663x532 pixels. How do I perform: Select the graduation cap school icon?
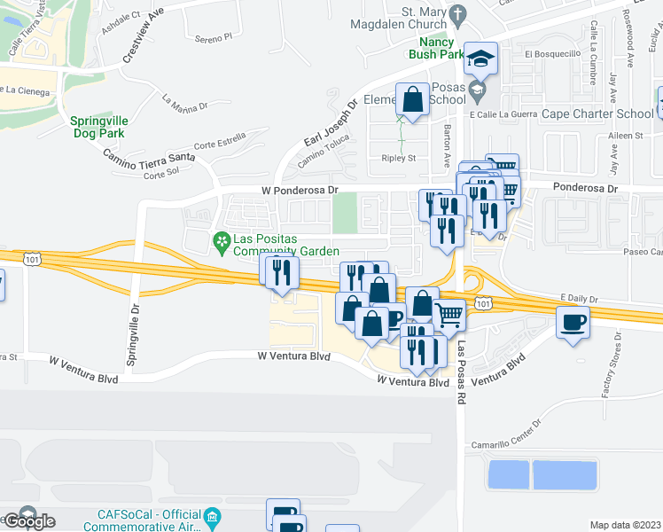pos(481,59)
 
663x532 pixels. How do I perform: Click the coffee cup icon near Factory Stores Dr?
pos(573,321)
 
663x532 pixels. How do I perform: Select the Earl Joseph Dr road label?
pos(330,123)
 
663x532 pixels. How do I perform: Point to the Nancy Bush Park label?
pos(436,48)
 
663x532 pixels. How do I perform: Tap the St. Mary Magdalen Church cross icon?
pos(457,13)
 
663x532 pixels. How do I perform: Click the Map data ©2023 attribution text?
pos(626,525)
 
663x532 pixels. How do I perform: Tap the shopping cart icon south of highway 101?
pos(449,314)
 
